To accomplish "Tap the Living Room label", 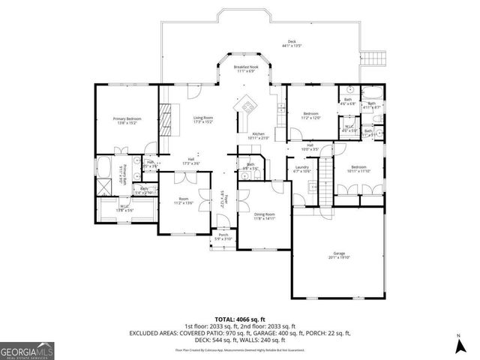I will click(x=203, y=118).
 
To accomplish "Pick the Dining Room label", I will click(x=254, y=214).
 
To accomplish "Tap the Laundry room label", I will click(x=302, y=167).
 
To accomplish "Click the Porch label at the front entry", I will click(x=223, y=235).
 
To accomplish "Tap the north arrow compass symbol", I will click(x=458, y=346).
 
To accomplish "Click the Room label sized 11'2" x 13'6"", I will click(x=184, y=200).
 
